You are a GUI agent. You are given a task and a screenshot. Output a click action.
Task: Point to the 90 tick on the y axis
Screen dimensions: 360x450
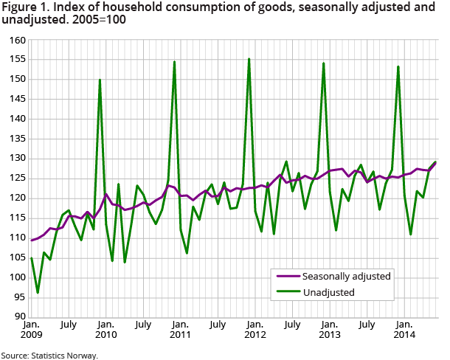17,317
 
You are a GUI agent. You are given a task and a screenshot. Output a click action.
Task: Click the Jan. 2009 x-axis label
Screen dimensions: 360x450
31,330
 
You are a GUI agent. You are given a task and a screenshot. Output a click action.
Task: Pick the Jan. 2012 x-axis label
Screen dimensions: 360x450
255,330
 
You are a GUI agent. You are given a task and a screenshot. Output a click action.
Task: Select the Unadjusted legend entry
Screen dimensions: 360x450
329,292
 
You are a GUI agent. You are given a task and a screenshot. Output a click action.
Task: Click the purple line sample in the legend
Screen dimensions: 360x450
286,276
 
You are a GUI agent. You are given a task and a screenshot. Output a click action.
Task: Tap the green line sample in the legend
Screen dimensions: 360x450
286,292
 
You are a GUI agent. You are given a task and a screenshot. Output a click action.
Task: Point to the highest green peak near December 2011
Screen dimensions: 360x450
249,59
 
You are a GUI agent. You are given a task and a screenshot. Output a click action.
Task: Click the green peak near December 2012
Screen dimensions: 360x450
324,63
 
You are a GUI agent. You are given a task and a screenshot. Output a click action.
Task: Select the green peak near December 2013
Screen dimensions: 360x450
398,66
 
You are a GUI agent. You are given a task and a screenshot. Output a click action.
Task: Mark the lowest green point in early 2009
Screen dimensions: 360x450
38,293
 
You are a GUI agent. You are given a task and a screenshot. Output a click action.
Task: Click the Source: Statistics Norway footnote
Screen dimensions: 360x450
49,355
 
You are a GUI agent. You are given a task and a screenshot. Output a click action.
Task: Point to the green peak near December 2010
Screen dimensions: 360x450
174,62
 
